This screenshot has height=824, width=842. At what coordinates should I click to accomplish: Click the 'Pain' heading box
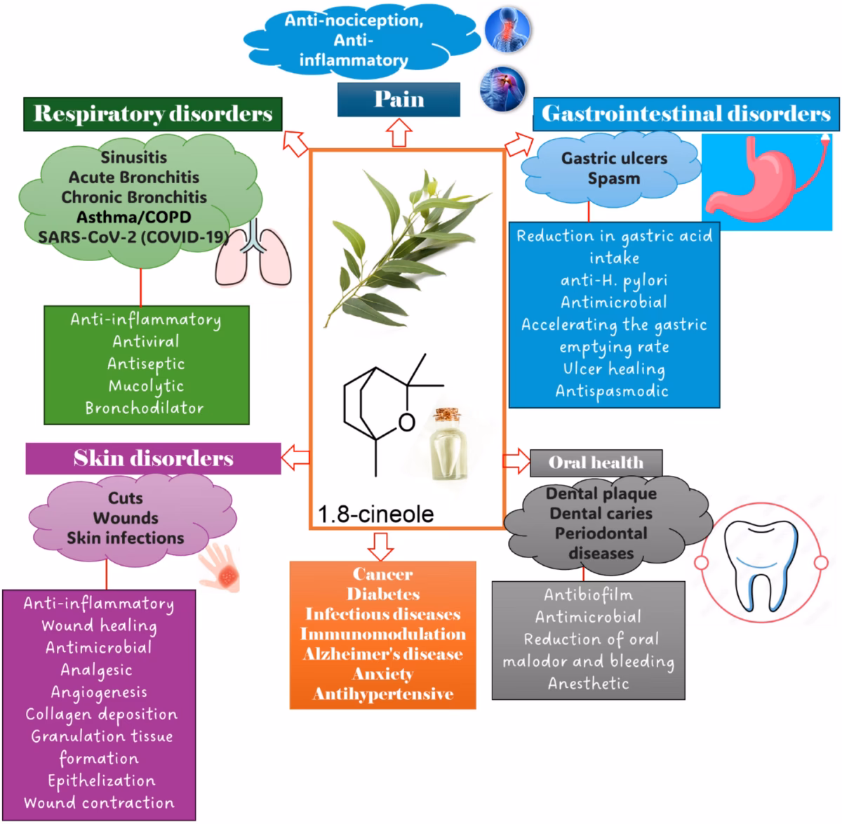pyautogui.click(x=399, y=99)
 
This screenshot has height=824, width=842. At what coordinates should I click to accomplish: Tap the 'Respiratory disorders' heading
pyautogui.click(x=153, y=114)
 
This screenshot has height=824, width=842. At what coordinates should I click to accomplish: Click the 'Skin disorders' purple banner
pyautogui.click(x=153, y=458)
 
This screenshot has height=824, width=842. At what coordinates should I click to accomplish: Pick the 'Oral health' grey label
pyautogui.click(x=596, y=463)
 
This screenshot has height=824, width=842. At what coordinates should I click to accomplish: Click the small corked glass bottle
pyautogui.click(x=446, y=445)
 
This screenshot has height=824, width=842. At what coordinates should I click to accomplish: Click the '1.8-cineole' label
pyautogui.click(x=375, y=514)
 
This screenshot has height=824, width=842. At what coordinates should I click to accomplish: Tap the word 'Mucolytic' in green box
pyautogui.click(x=146, y=386)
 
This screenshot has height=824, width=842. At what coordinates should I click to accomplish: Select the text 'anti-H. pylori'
pyautogui.click(x=614, y=280)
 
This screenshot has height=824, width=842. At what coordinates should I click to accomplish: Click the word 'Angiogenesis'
pyautogui.click(x=99, y=692)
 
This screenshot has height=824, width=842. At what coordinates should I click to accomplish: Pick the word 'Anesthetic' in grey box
pyautogui.click(x=589, y=683)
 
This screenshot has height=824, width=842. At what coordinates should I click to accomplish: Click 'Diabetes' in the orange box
pyautogui.click(x=383, y=594)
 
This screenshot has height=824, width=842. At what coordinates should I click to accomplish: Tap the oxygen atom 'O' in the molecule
pyautogui.click(x=406, y=422)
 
